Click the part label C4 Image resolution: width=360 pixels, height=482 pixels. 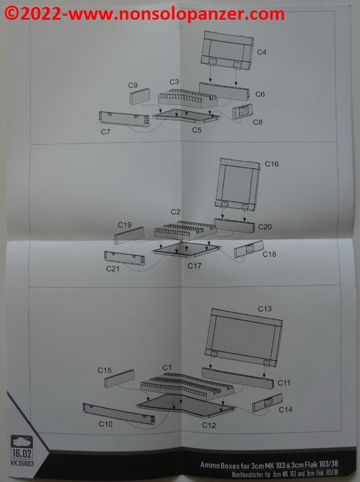click(x=262, y=52)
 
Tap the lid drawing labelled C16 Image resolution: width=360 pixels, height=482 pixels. click(x=238, y=184)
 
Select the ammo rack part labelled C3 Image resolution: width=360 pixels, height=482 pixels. click(x=188, y=98)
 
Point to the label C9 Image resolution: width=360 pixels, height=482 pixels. click(x=133, y=85)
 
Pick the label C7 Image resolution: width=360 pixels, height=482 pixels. click(x=105, y=132)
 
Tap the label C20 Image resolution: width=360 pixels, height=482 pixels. click(x=265, y=227)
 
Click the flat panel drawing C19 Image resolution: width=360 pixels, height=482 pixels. click(x=129, y=236)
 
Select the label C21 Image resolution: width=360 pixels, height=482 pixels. click(x=112, y=268)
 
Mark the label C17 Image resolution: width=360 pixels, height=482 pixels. click(x=194, y=266)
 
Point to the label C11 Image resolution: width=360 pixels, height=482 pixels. click(x=284, y=382)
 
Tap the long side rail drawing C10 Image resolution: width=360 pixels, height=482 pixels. click(x=119, y=414)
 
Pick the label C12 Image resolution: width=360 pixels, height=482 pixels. click(x=209, y=425)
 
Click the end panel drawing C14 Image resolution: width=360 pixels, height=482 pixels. click(x=267, y=403)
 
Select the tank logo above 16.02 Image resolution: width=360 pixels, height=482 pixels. click(x=21, y=441)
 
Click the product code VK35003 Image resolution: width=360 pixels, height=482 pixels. click(x=22, y=463)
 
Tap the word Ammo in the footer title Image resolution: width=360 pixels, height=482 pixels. click(x=210, y=464)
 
